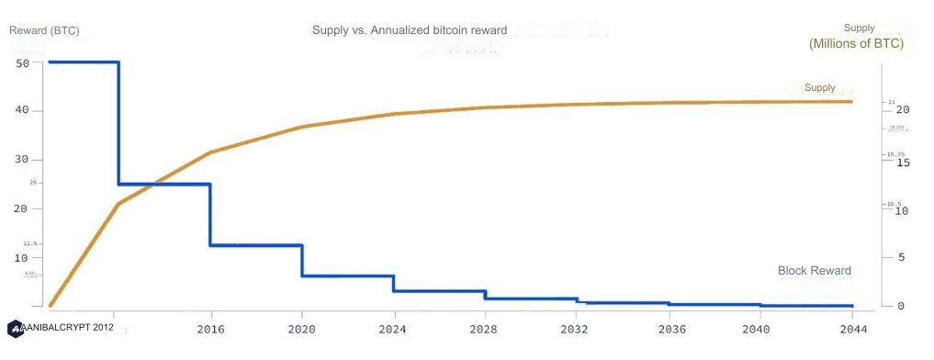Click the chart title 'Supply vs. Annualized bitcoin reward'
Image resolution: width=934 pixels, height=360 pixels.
[410, 30]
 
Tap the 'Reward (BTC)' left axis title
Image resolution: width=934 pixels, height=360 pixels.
[44, 30]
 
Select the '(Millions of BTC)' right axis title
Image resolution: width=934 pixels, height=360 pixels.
[856, 44]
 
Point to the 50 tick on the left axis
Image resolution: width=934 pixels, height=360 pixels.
[23, 63]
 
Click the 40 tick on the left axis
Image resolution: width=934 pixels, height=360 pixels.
[23, 110]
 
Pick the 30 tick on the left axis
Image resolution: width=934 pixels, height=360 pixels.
[23, 160]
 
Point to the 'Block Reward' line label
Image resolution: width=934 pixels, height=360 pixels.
[814, 271]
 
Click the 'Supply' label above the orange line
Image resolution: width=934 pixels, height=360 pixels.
[819, 88]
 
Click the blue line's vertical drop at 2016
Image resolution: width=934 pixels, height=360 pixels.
[211, 215]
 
